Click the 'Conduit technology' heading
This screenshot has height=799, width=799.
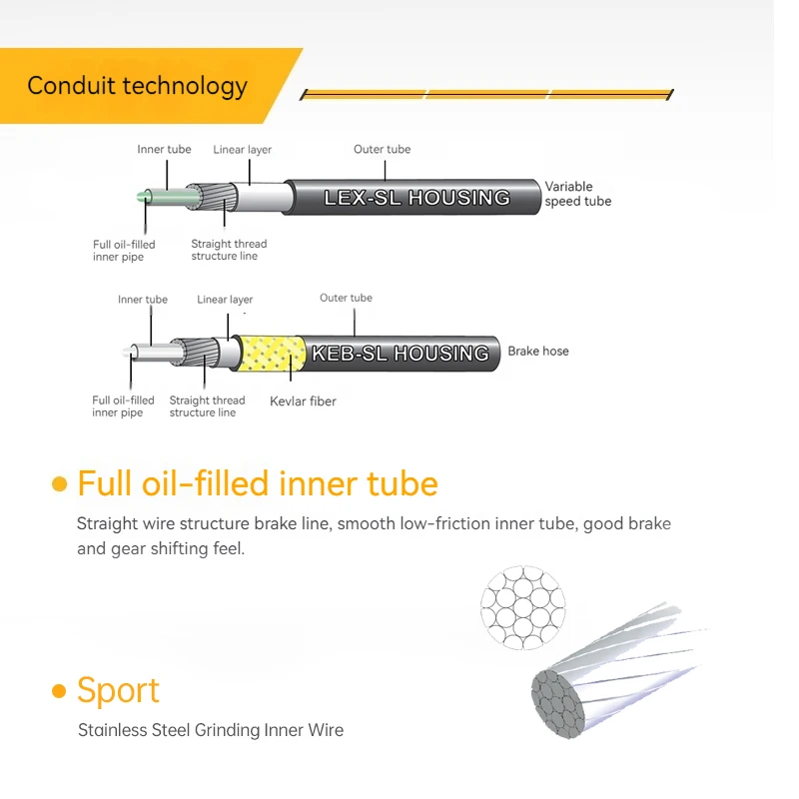point(137,86)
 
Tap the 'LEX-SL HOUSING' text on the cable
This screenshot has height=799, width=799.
point(416,198)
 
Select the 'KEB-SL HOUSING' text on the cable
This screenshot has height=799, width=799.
point(400,354)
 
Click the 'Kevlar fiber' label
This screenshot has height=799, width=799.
point(303,401)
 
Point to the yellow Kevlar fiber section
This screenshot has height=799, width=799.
point(272,354)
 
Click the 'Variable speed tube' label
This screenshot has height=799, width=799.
point(578,194)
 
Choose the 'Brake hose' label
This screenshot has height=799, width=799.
point(538,352)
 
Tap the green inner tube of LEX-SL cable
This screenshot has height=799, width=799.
point(169,197)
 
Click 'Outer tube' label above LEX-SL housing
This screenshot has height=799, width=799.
point(383,149)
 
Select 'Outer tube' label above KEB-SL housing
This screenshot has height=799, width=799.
point(346,298)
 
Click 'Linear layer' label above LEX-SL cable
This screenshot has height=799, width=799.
point(242,150)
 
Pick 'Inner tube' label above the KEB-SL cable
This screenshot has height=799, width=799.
point(143,299)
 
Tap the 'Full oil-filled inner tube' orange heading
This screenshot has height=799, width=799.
point(258,483)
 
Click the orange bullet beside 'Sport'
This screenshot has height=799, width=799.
point(60,691)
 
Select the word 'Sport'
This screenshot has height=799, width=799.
point(118,691)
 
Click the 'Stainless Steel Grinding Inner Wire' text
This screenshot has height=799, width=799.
point(211,730)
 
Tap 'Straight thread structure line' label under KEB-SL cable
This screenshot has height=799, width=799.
point(207,406)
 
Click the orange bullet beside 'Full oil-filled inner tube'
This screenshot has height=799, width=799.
point(60,484)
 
